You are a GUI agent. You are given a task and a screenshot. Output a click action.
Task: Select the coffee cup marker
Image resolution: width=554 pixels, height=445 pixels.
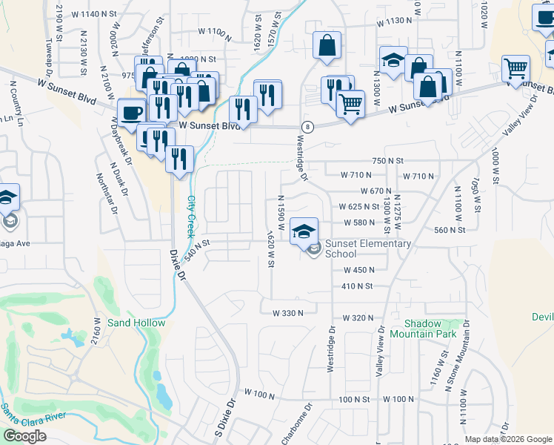click(x=132, y=112)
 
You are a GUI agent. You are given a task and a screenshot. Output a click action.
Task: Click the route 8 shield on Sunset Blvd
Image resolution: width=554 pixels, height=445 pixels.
click(x=307, y=127)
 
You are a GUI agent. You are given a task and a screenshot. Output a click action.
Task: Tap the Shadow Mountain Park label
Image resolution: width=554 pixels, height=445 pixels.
click(x=433, y=329)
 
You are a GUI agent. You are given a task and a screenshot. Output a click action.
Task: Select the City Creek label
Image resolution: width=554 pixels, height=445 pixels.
click(x=192, y=215)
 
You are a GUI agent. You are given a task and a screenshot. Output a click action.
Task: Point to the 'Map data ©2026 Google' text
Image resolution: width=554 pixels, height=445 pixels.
click(x=508, y=439)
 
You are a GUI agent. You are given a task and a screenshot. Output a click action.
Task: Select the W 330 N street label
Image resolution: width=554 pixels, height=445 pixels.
click(x=288, y=314)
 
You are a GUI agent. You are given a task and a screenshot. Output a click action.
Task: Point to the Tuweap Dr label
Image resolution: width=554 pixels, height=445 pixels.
click(x=50, y=50)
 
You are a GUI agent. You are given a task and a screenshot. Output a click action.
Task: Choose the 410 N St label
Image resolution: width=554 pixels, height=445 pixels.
click(x=356, y=286)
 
